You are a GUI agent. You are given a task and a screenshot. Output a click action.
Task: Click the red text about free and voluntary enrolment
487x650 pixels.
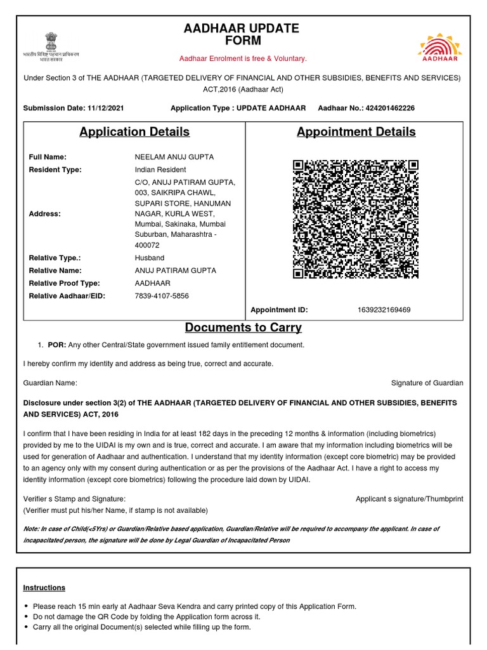tap(243, 58)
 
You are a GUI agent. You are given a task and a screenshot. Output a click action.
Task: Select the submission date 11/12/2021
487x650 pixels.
tap(105, 109)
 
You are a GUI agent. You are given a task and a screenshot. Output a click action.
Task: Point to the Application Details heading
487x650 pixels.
tap(134, 132)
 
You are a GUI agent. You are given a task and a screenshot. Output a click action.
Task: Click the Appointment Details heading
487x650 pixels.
tap(356, 132)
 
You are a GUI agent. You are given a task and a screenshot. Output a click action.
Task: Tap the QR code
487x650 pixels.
tap(356, 219)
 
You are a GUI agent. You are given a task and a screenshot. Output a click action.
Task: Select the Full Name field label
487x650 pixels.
tap(48, 157)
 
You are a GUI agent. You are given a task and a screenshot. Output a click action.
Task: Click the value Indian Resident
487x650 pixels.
tap(160, 169)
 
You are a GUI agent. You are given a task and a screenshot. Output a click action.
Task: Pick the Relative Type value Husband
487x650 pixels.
tap(149, 258)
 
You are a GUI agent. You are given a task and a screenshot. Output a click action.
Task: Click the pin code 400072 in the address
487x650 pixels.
tap(147, 245)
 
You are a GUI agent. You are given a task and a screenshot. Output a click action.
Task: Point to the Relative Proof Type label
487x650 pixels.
tap(65, 283)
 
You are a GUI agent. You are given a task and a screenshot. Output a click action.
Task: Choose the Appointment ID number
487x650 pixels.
tap(384, 310)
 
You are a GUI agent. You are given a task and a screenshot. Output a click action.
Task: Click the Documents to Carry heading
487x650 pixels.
tap(243, 328)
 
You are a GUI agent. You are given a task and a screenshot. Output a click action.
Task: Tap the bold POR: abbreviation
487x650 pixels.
tap(57, 345)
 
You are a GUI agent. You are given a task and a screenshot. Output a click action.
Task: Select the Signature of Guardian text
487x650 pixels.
tap(427, 383)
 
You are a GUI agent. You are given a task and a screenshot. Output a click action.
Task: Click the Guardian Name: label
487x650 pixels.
tap(50, 383)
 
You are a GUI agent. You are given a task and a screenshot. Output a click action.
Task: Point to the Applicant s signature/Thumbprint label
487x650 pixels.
tap(409, 499)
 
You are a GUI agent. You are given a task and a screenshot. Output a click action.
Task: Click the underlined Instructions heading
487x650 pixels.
tap(44, 588)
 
